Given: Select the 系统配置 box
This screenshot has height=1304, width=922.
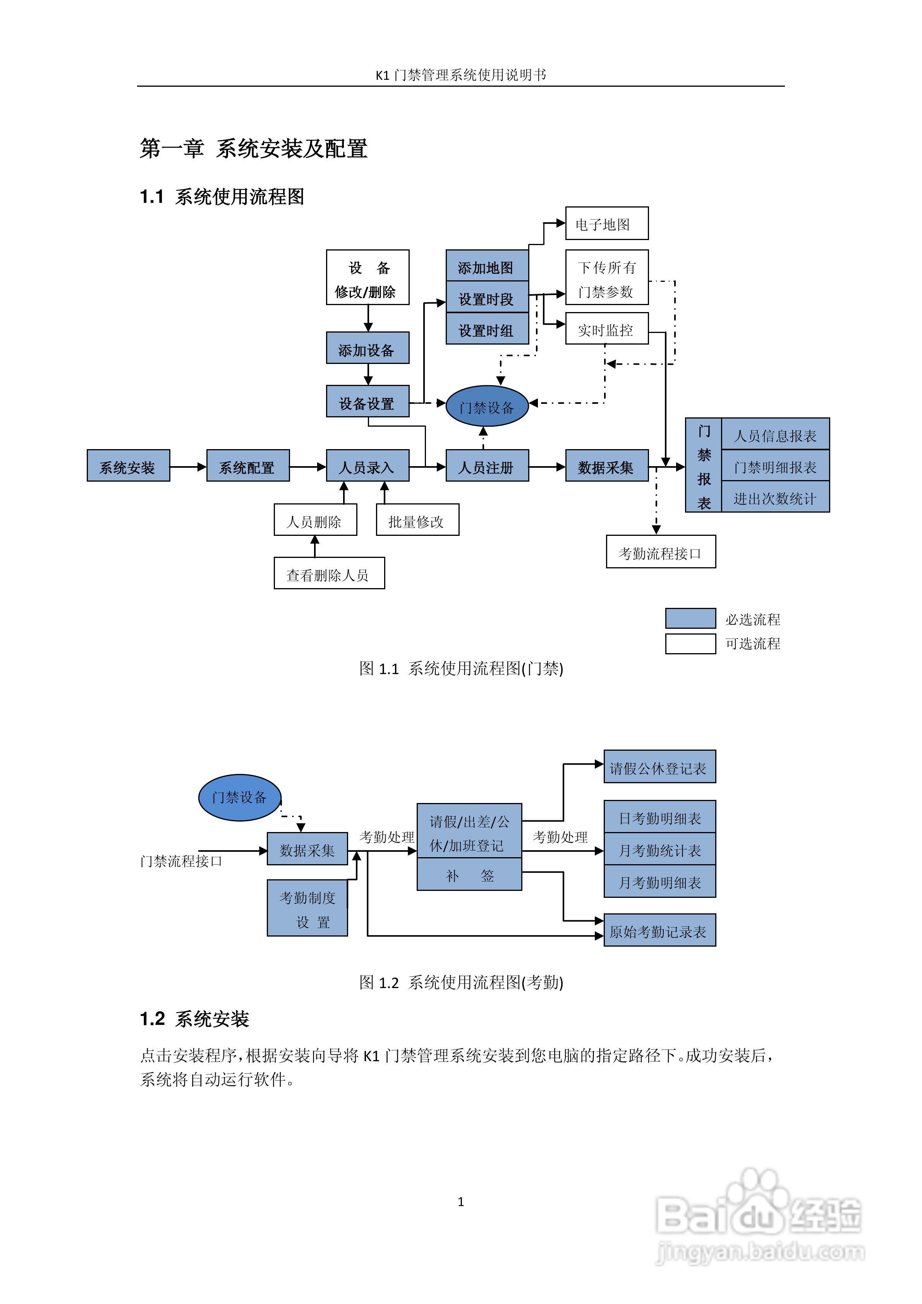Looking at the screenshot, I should (248, 466).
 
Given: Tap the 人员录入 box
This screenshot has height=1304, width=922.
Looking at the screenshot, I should (367, 466).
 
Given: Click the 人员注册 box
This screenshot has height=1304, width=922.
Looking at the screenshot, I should (487, 466).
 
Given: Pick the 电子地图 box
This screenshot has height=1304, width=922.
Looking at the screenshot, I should (607, 223).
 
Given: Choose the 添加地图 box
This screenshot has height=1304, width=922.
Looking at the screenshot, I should (487, 266).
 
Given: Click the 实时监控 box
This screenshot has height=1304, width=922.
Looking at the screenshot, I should (607, 328).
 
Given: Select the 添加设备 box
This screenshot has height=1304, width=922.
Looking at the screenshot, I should (367, 348).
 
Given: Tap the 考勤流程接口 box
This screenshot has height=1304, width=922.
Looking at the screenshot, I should (661, 551).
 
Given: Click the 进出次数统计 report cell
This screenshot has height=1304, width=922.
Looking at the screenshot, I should (775, 498).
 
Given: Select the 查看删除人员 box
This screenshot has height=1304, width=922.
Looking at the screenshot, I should (329, 574).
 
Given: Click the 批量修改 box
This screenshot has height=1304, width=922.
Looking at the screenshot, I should (417, 520).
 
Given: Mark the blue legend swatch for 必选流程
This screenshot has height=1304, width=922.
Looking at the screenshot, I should (690, 618).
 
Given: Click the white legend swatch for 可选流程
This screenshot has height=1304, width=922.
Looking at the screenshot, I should (690, 644).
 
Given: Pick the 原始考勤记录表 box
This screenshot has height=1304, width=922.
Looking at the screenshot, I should (659, 930).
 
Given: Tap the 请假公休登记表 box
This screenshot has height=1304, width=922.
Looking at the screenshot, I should (659, 767).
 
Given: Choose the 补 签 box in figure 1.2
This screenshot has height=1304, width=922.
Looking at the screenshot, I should (469, 875).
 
